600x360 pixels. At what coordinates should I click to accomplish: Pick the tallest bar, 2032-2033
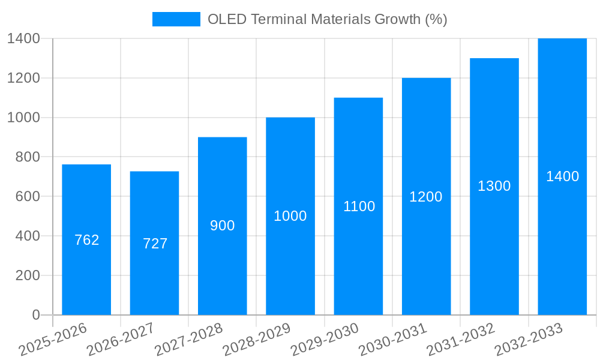point(562,120)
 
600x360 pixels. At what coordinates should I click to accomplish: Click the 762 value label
point(86,240)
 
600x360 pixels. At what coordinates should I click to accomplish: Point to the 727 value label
point(155,244)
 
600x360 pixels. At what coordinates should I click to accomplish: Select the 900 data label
point(223,226)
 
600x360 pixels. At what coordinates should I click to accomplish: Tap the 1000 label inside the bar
point(290,216)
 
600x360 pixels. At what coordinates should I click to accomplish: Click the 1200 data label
point(426,197)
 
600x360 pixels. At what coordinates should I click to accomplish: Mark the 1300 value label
point(494,186)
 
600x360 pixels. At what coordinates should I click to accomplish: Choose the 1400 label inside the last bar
point(562,176)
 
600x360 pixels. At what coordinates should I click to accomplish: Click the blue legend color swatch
point(176,19)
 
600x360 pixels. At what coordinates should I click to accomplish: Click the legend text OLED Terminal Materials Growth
point(327,19)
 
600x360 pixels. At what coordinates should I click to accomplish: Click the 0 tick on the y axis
point(35,315)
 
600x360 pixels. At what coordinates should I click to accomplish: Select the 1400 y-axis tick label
point(23,38)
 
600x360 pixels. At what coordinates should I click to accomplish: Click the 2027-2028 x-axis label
point(190,339)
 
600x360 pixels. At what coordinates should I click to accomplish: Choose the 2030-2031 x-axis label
point(394,339)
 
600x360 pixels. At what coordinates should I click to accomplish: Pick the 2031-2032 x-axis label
point(461,339)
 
